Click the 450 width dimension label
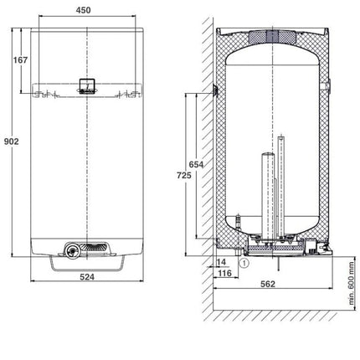83,10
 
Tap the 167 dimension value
21,59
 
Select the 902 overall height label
12,141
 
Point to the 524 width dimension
87,277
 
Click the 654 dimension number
196,164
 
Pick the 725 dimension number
184,175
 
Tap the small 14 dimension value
221,262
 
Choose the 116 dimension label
224,273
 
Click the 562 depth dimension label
268,284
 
